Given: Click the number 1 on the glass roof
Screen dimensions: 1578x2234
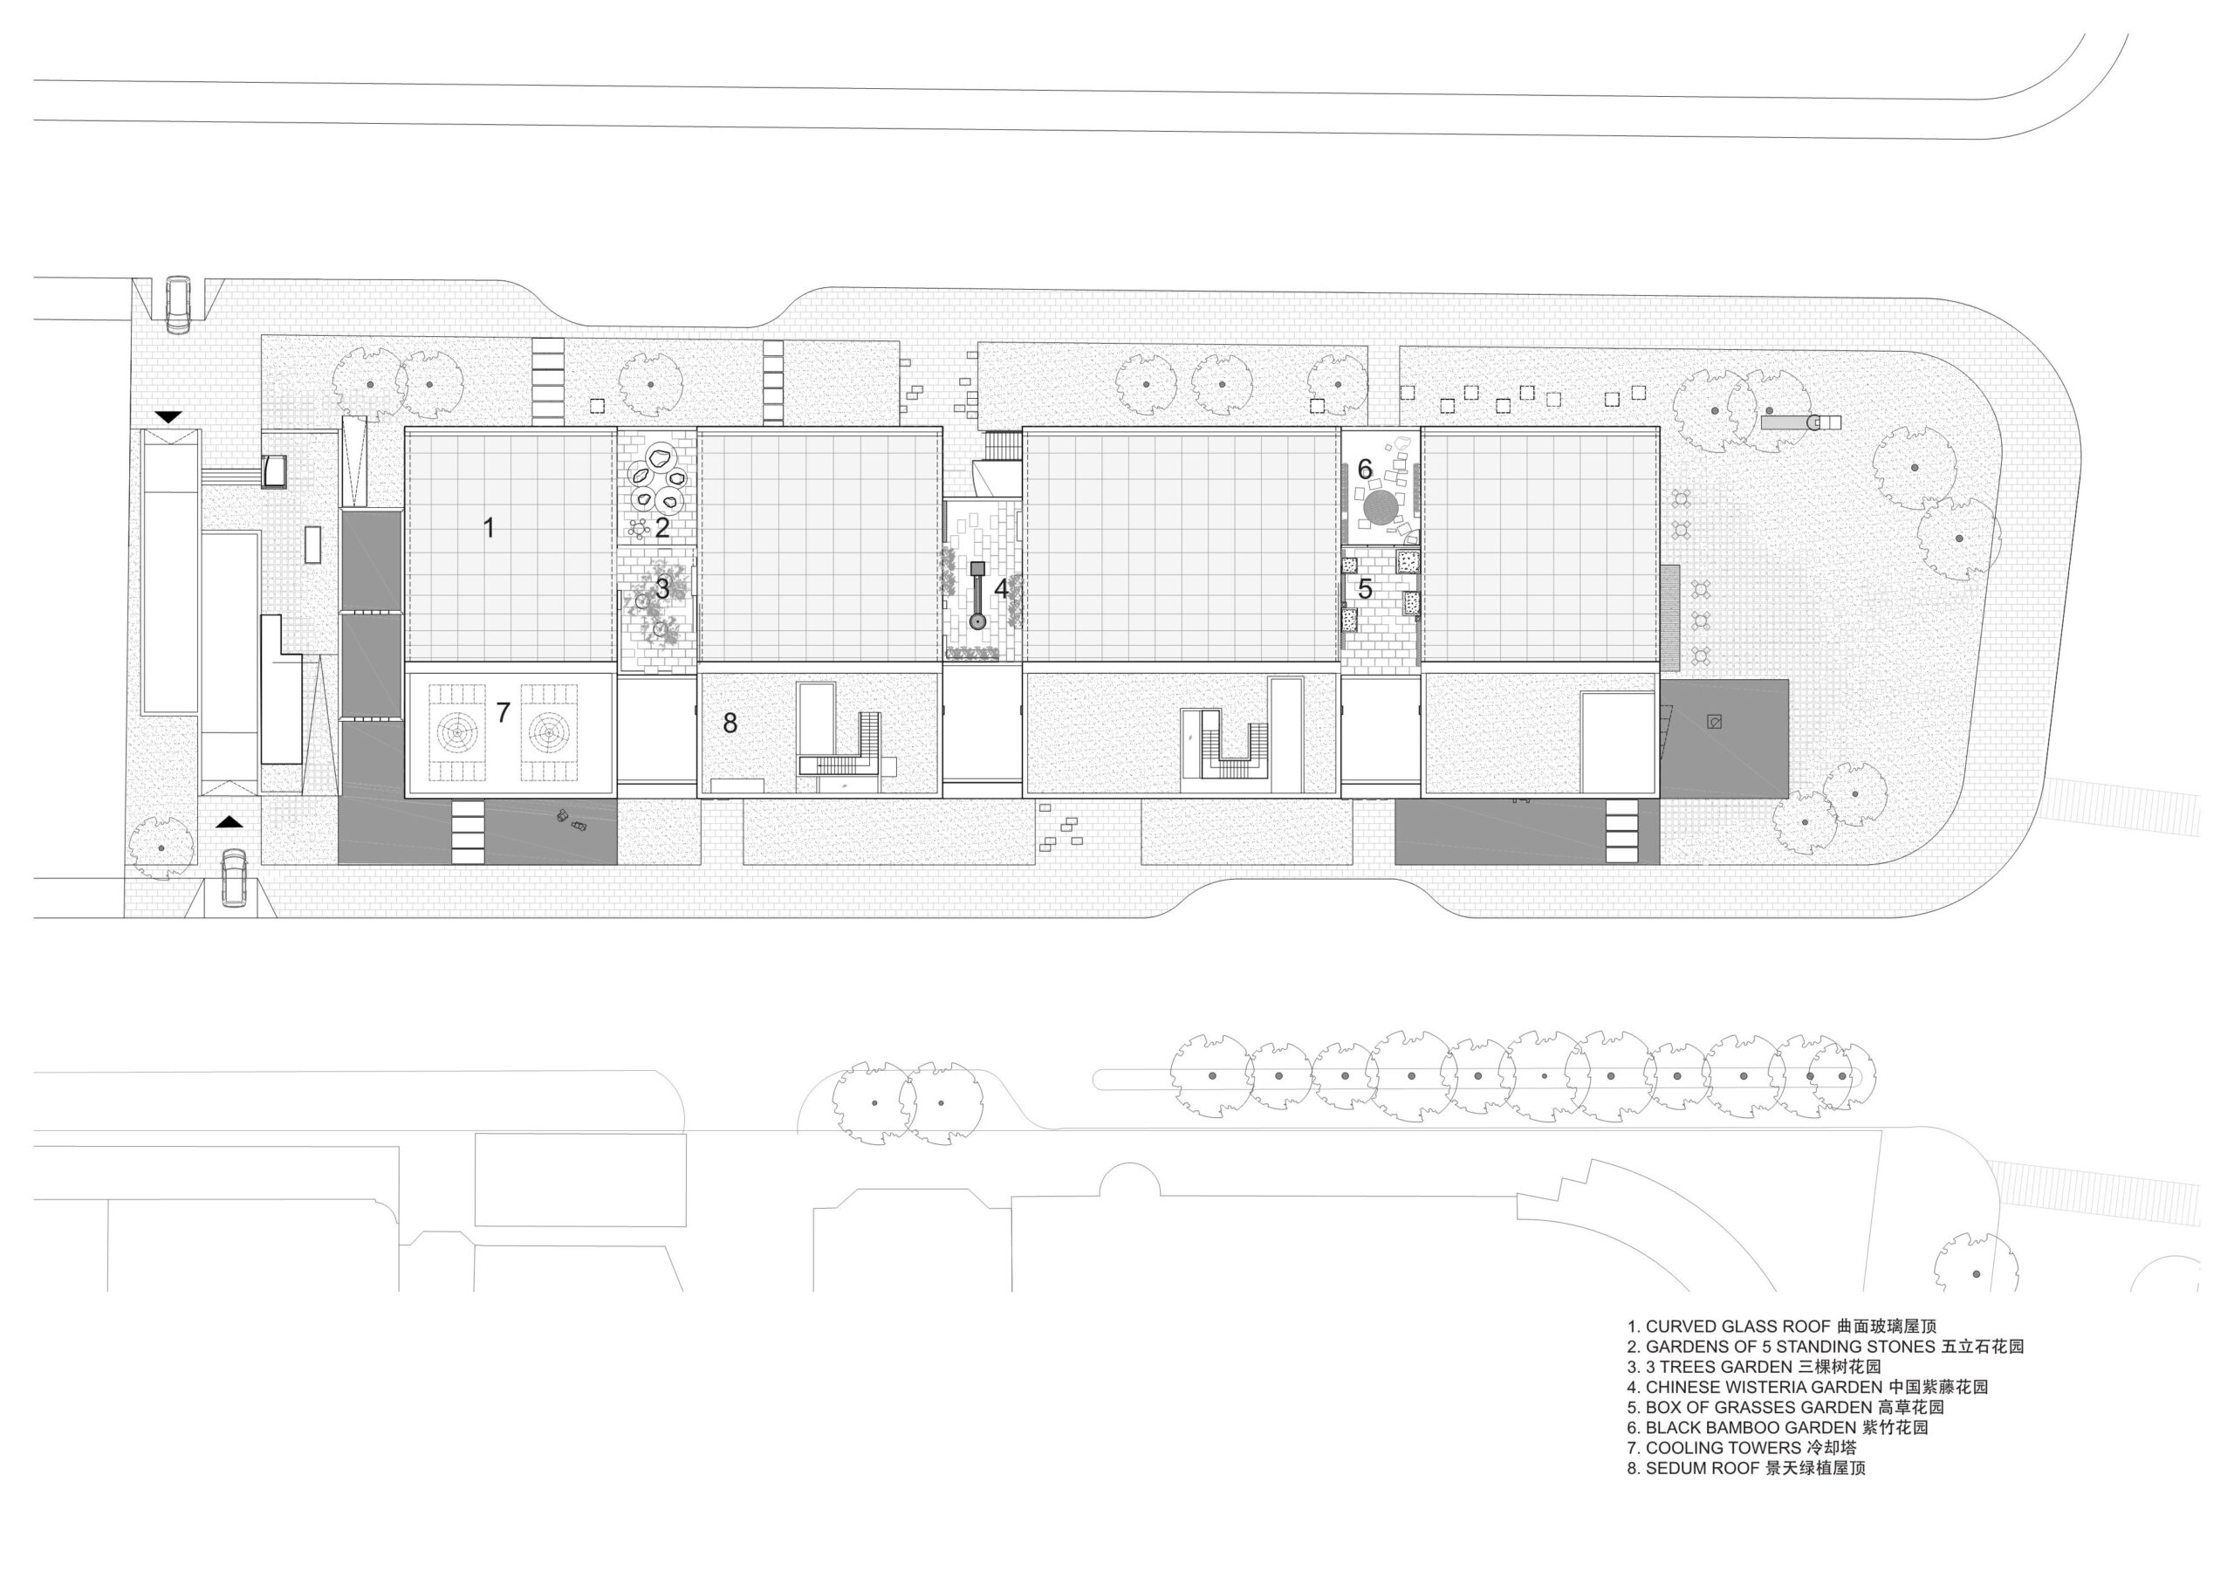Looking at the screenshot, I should [490, 528].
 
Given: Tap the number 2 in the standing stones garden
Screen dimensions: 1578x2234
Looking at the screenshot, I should [662, 528].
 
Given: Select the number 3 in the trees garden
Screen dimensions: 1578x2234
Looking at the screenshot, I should [662, 588].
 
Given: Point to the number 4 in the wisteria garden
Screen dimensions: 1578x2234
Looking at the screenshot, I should [1001, 588].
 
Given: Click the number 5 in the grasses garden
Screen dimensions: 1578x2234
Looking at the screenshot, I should [1365, 588].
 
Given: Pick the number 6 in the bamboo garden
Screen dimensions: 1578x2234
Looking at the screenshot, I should [1365, 470].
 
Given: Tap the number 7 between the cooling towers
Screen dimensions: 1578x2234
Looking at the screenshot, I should [503, 713].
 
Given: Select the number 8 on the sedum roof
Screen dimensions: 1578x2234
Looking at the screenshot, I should [730, 723].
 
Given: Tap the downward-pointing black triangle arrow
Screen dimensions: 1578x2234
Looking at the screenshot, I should [168, 417].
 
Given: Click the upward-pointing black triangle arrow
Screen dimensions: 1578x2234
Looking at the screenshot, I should [229, 822].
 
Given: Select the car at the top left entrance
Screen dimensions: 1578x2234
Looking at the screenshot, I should [178, 305].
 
